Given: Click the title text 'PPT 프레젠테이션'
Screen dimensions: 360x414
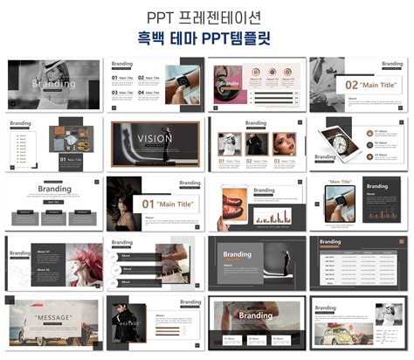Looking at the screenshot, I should coord(207,17).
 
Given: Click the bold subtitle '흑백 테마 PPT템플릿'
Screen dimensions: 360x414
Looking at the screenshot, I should coord(207,38).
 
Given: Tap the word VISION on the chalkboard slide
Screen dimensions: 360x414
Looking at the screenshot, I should coord(155,138).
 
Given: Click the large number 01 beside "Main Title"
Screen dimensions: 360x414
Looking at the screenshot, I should coord(149,204).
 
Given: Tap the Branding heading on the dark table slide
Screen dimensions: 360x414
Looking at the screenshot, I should coord(331,242).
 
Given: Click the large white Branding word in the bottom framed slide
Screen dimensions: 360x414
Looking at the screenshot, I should coord(256,315).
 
